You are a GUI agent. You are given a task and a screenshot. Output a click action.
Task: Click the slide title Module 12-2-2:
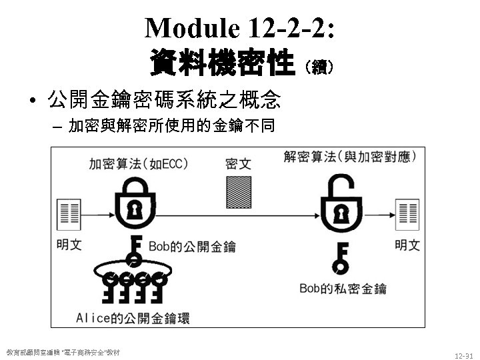click(240, 28)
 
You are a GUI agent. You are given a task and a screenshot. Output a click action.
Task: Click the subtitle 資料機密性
click(222, 65)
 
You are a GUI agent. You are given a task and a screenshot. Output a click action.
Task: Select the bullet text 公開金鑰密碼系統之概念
click(163, 102)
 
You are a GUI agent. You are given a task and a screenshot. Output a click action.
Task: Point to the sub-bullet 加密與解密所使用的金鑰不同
click(171, 126)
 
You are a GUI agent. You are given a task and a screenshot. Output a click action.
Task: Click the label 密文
click(238, 163)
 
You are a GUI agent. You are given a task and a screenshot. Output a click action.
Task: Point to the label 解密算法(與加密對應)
click(350, 157)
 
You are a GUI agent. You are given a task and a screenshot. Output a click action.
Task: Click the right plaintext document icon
click(407, 214)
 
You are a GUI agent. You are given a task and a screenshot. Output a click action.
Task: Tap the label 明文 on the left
click(69, 245)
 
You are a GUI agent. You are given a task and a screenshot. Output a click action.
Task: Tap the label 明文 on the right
click(407, 245)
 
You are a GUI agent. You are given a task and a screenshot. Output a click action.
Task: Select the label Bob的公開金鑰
click(192, 247)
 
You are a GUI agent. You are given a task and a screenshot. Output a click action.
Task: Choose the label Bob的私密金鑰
click(343, 289)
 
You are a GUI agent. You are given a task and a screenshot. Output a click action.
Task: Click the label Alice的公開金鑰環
click(133, 318)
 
